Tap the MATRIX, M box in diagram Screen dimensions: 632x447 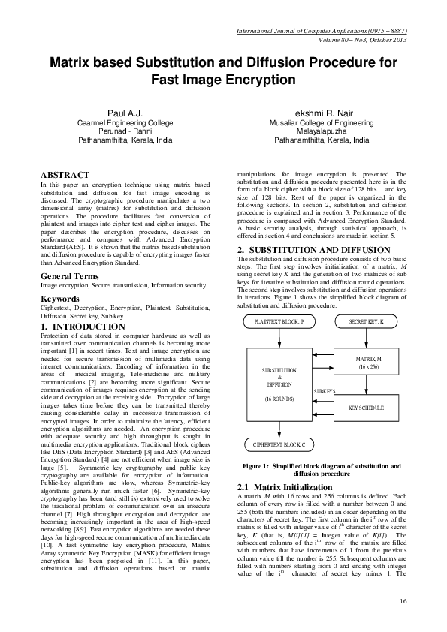[368, 363]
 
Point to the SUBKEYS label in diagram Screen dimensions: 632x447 [325, 391]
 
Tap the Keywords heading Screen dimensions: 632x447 [60, 299]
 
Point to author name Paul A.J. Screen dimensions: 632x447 [125, 112]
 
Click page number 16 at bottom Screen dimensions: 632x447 [403, 600]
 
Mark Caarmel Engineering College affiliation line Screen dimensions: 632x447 [125, 122]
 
